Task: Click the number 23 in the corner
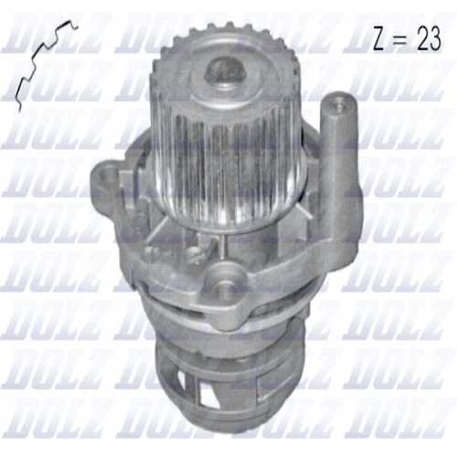pos(429,38)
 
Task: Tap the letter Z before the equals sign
pos(382,39)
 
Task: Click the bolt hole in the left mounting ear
pos(107,175)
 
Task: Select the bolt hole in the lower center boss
pos(225,285)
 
